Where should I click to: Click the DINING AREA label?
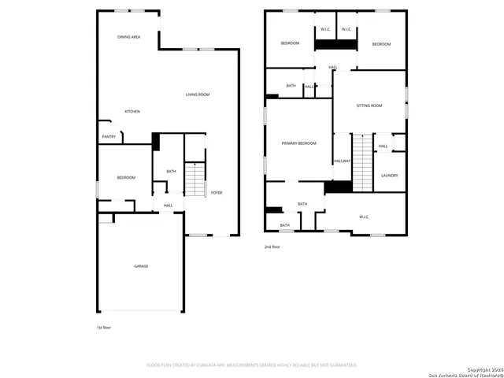129,37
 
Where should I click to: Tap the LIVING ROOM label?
198,94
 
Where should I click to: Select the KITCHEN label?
132,112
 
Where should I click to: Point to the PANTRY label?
109,137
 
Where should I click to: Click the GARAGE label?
141,266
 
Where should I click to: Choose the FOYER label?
216,193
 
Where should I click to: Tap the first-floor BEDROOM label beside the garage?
126,178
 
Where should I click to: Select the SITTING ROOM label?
369,106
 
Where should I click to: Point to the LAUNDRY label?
390,176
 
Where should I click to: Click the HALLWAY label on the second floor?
342,161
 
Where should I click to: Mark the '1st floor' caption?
104,327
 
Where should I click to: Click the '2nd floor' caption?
272,247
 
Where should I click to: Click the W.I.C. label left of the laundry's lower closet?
365,217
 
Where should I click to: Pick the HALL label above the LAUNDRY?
384,146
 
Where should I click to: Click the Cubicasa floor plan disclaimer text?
252,365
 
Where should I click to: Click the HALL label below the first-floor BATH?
169,206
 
